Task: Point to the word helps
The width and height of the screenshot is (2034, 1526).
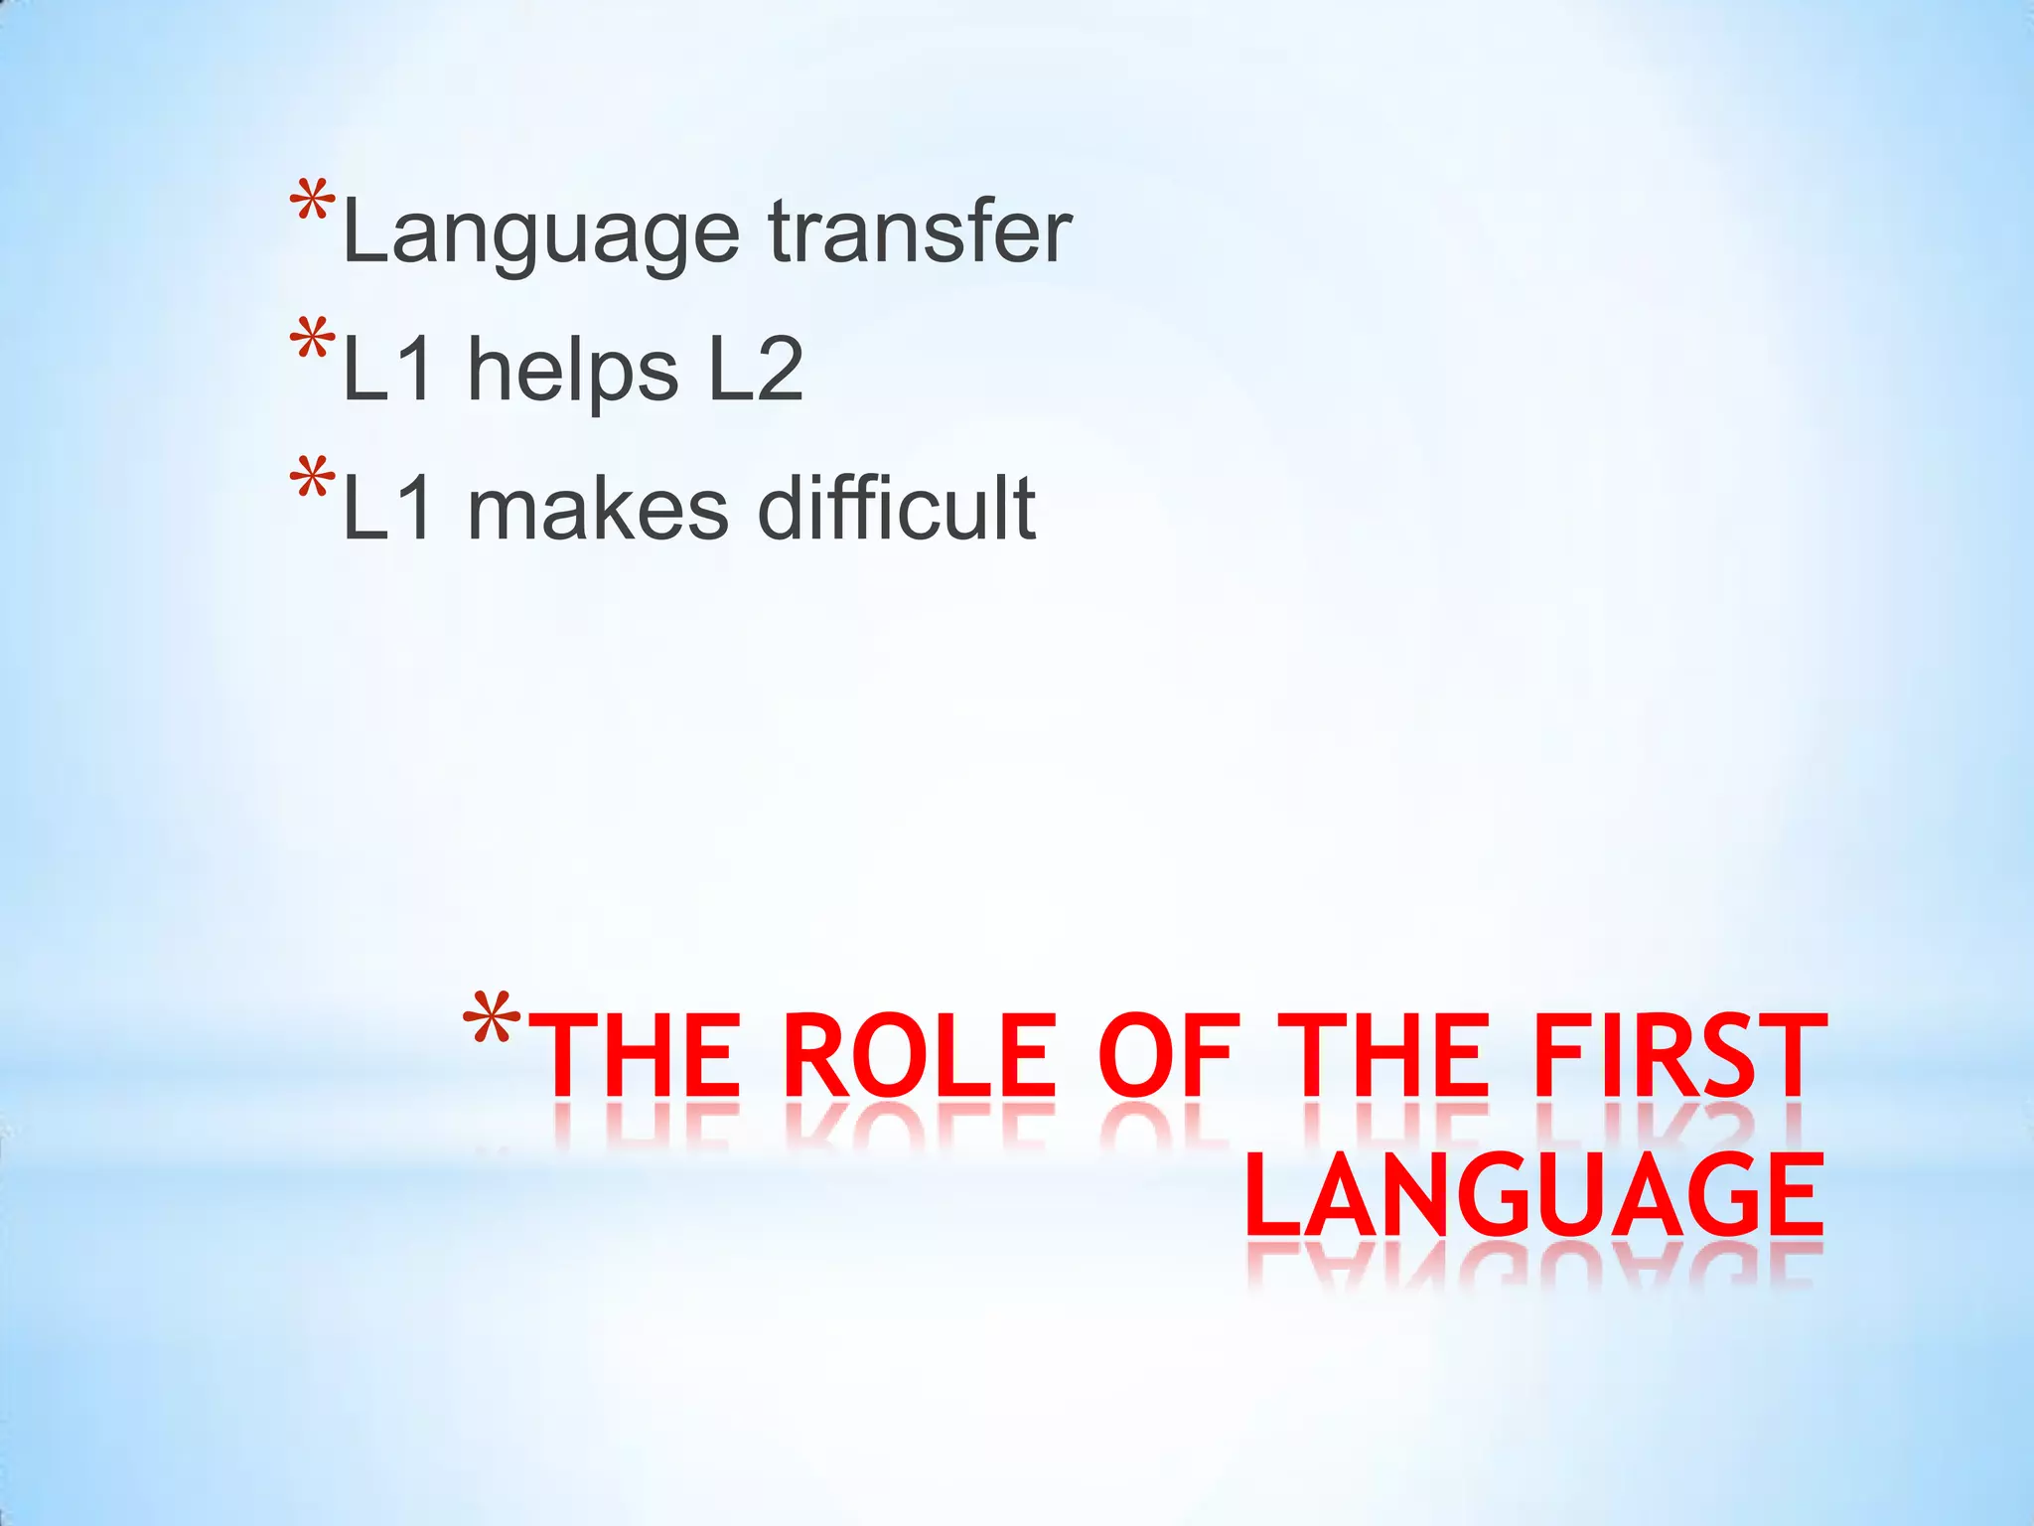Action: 573,371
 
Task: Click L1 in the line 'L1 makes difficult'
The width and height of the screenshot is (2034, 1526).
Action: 387,508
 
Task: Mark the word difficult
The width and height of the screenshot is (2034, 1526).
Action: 897,508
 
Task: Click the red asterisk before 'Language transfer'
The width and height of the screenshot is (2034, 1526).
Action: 312,206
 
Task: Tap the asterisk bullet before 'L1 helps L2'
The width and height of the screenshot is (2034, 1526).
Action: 312,343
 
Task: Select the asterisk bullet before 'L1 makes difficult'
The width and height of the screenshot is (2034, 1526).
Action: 312,482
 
